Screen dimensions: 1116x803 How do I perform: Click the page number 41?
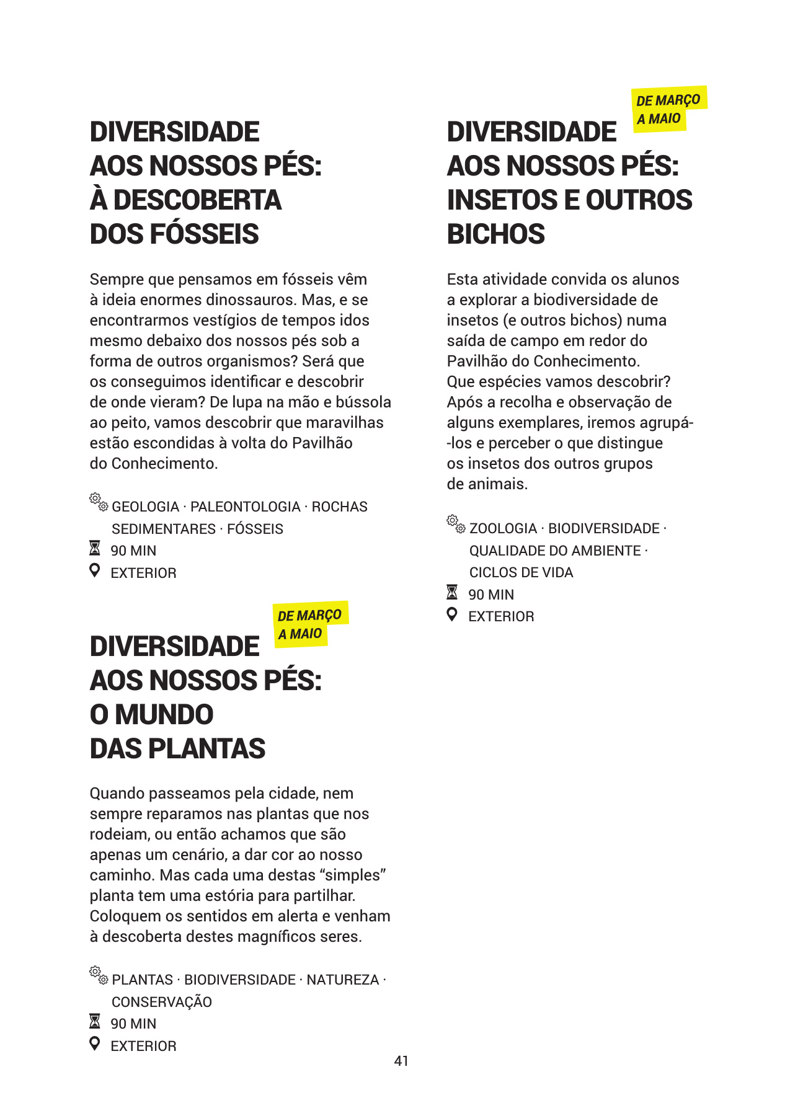pos(401,1061)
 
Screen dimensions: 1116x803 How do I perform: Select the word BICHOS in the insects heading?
pos(495,234)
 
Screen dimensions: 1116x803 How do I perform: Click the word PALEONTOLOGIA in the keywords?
pos(245,507)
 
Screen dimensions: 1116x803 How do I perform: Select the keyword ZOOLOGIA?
pos(503,529)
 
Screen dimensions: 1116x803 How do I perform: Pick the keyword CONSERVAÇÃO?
pos(162,1002)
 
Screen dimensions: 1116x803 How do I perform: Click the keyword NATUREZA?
pos(342,980)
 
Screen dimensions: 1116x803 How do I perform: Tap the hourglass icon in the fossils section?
pos(95,549)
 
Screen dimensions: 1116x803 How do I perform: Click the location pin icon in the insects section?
pos(453,615)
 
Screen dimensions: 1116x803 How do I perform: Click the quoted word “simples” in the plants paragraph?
pos(353,875)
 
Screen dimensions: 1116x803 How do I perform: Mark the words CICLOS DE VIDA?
pos(521,573)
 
